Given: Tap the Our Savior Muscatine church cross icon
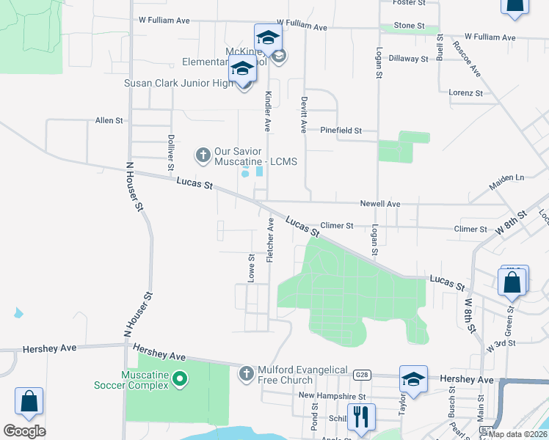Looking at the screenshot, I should point(203,155).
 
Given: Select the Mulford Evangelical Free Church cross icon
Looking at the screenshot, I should point(247,374).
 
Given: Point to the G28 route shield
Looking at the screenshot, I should point(360,374).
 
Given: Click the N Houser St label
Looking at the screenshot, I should point(134,189).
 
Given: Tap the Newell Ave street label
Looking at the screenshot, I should point(379,203).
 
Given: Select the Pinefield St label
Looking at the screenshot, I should point(341,131).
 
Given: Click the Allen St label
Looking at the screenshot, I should point(109,120).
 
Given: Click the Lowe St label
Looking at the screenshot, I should point(251,268).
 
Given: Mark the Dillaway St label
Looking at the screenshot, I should point(408,59).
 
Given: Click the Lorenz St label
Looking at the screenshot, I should point(466,93).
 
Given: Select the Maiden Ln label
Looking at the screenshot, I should point(509,177).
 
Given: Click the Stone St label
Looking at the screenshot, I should point(409,26).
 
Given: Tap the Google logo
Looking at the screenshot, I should point(24,431).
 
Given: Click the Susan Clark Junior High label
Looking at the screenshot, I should point(179,83).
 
